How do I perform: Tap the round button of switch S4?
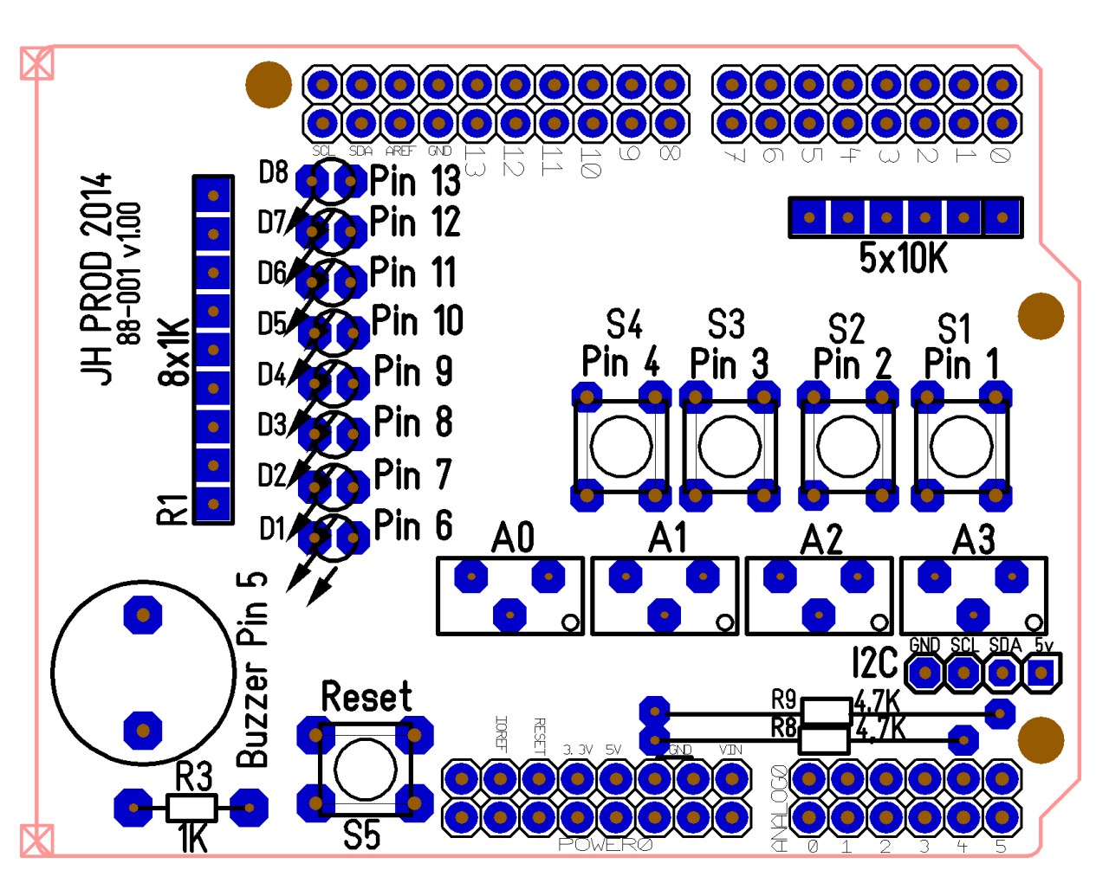click(620, 447)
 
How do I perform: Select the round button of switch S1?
click(961, 447)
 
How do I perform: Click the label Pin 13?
click(415, 182)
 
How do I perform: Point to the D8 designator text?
click(273, 172)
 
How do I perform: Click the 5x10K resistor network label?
click(903, 258)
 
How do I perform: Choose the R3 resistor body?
click(191, 809)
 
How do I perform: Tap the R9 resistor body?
click(826, 712)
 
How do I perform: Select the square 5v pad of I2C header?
click(1041, 673)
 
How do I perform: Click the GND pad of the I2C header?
click(925, 673)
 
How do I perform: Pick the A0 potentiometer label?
click(513, 538)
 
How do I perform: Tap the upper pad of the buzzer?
click(143, 616)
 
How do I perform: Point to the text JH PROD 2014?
click(96, 278)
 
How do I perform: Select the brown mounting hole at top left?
click(269, 85)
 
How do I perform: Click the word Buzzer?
click(253, 714)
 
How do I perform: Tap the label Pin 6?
click(413, 525)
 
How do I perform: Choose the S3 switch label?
click(726, 325)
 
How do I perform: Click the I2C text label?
click(874, 663)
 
